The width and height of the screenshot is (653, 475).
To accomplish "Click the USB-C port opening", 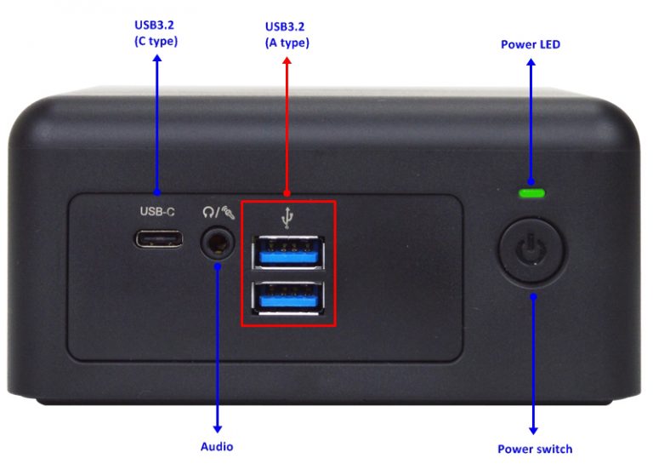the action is click(x=158, y=239).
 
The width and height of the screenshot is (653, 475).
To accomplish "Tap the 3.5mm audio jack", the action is click(x=218, y=243).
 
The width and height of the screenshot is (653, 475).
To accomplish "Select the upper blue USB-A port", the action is click(x=288, y=252).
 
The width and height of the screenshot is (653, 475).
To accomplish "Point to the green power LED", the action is click(x=531, y=193).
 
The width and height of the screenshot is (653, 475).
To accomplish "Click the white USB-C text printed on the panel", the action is click(x=157, y=212).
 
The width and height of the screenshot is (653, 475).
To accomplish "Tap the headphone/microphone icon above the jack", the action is click(x=219, y=212).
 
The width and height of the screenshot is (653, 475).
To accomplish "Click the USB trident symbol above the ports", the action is click(x=287, y=218).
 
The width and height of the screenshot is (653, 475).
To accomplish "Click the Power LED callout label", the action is click(x=531, y=44).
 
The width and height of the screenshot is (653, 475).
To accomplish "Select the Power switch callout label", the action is click(x=535, y=449).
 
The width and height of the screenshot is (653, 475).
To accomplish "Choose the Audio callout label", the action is click(x=217, y=447).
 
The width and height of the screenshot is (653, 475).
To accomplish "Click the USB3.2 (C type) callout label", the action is click(x=156, y=33).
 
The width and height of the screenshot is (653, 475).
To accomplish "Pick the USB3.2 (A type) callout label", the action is click(x=287, y=35).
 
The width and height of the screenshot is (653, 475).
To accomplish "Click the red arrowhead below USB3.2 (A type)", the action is click(x=287, y=61).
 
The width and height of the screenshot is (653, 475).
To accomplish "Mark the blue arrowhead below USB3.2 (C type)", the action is click(x=157, y=59).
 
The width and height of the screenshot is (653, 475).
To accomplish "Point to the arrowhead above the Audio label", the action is click(x=217, y=429).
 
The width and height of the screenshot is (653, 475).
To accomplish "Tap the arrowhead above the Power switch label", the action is click(x=533, y=431).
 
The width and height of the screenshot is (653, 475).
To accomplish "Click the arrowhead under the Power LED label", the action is click(x=531, y=62).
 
